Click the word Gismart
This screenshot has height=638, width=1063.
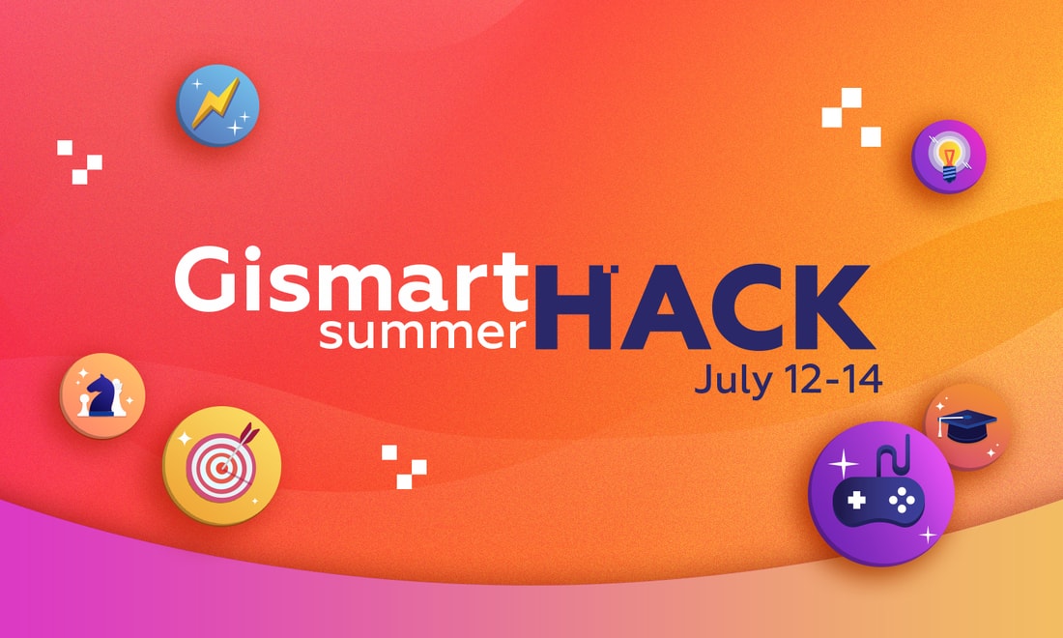(351, 278)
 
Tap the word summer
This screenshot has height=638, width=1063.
(423, 333)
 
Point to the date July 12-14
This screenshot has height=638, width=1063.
(789, 380)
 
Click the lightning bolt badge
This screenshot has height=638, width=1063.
(217, 105)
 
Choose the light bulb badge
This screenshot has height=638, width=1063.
(948, 157)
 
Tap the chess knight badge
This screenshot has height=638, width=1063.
(102, 395)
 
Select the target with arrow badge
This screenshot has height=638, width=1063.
(221, 465)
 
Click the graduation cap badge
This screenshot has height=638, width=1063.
(967, 426)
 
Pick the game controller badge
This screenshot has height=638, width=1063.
(881, 493)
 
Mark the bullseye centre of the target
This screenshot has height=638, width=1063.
(221, 467)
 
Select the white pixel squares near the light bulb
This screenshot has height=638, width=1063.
(851, 117)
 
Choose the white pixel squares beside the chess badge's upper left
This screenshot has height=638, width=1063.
(79, 162)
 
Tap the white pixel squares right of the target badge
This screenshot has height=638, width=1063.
(404, 467)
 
